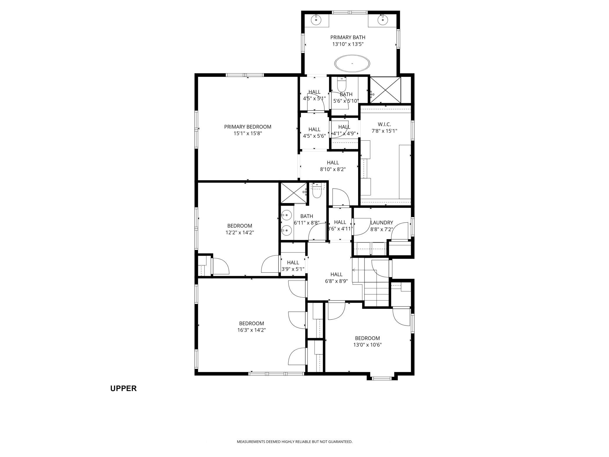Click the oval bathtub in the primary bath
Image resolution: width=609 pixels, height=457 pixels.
click(352, 63)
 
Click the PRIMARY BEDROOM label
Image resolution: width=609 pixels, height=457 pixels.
click(248, 127)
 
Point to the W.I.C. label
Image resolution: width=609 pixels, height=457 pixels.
click(384, 125)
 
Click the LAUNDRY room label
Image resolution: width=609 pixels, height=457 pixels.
click(382, 223)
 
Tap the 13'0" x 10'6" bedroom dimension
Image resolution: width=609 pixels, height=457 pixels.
click(367, 345)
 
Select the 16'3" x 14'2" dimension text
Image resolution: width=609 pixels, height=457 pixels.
click(252, 330)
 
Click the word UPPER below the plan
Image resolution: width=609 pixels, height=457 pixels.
click(123, 388)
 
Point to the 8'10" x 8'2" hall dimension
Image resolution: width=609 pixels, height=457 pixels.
click(333, 169)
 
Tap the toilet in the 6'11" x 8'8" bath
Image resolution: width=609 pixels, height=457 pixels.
click(317, 190)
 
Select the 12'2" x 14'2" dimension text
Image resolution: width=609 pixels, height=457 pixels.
click(240, 233)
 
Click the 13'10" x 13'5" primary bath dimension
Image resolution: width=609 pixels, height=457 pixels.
click(348, 44)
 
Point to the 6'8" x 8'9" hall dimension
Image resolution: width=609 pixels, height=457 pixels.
click(336, 281)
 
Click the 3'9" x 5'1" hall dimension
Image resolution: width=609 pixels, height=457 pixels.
click(293, 269)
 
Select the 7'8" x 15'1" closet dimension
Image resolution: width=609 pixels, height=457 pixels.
click(384, 131)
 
